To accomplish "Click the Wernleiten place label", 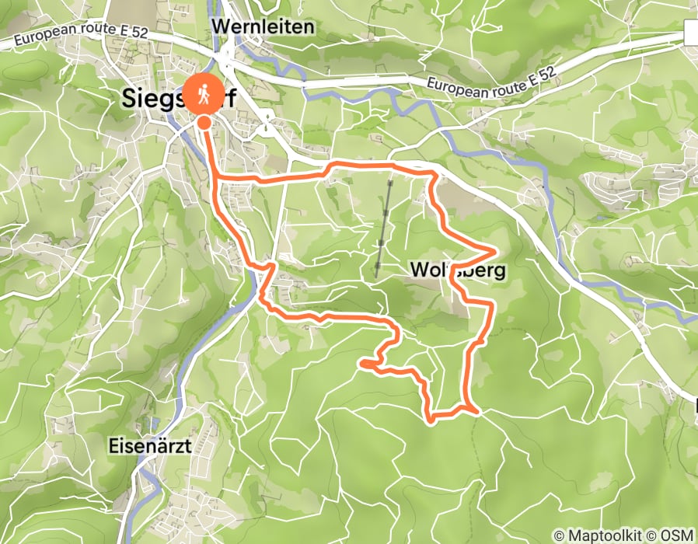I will click(263, 27).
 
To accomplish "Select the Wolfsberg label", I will click(458, 270).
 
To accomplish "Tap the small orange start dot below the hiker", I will click(204, 122).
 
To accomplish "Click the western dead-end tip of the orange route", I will click(362, 362).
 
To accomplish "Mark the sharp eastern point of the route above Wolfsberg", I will click(495, 250).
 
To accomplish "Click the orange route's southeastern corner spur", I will click(471, 406).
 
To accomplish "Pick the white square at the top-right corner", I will click(692, 33).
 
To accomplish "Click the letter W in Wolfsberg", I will click(417, 270).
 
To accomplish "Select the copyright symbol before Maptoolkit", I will click(559, 535).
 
